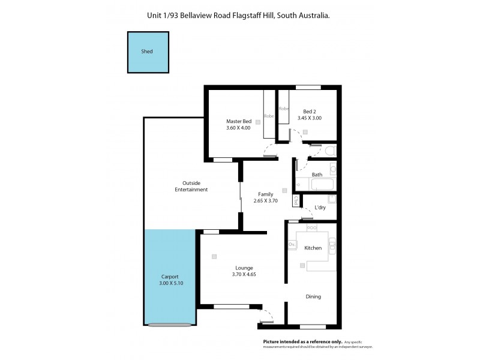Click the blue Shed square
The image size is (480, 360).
(x=148, y=52)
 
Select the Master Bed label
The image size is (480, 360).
(x=238, y=121)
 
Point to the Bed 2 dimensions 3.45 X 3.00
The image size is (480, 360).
(x=309, y=118)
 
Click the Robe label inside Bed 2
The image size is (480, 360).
(x=284, y=109)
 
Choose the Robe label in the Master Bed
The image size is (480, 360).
(x=269, y=116)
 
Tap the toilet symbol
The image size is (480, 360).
(x=329, y=150)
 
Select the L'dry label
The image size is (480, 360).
(x=320, y=208)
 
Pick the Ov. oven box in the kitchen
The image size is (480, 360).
(x=292, y=244)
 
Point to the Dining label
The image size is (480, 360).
(x=313, y=296)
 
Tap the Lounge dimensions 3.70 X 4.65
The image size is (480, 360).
(x=244, y=275)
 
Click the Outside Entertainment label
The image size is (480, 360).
(x=191, y=186)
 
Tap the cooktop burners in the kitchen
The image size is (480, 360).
(x=312, y=228)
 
